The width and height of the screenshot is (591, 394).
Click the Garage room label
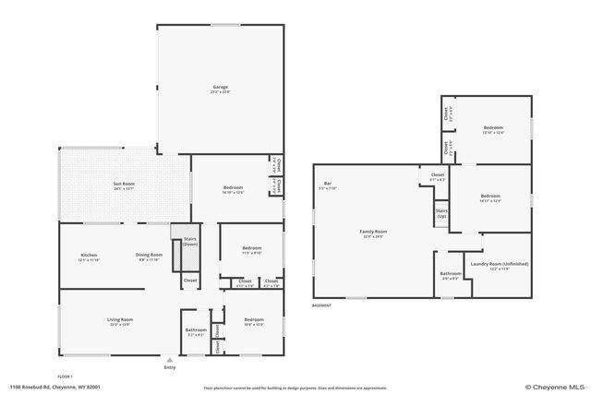[220, 87]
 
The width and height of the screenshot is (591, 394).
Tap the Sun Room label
[124, 184]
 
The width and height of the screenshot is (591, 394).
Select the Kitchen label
[89, 256]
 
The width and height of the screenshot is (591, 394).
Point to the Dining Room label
[149, 256]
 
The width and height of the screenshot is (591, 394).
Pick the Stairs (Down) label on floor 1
[189, 242]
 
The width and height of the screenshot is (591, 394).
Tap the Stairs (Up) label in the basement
[441, 213]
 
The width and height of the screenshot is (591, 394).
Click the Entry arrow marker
[169, 361]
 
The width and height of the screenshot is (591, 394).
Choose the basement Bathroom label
[451, 273]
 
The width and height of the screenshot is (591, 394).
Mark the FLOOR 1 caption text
[65, 376]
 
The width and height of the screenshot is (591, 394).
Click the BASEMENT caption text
[321, 305]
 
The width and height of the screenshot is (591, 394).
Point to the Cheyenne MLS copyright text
[554, 388]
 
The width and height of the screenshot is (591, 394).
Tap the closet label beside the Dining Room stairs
[189, 280]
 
